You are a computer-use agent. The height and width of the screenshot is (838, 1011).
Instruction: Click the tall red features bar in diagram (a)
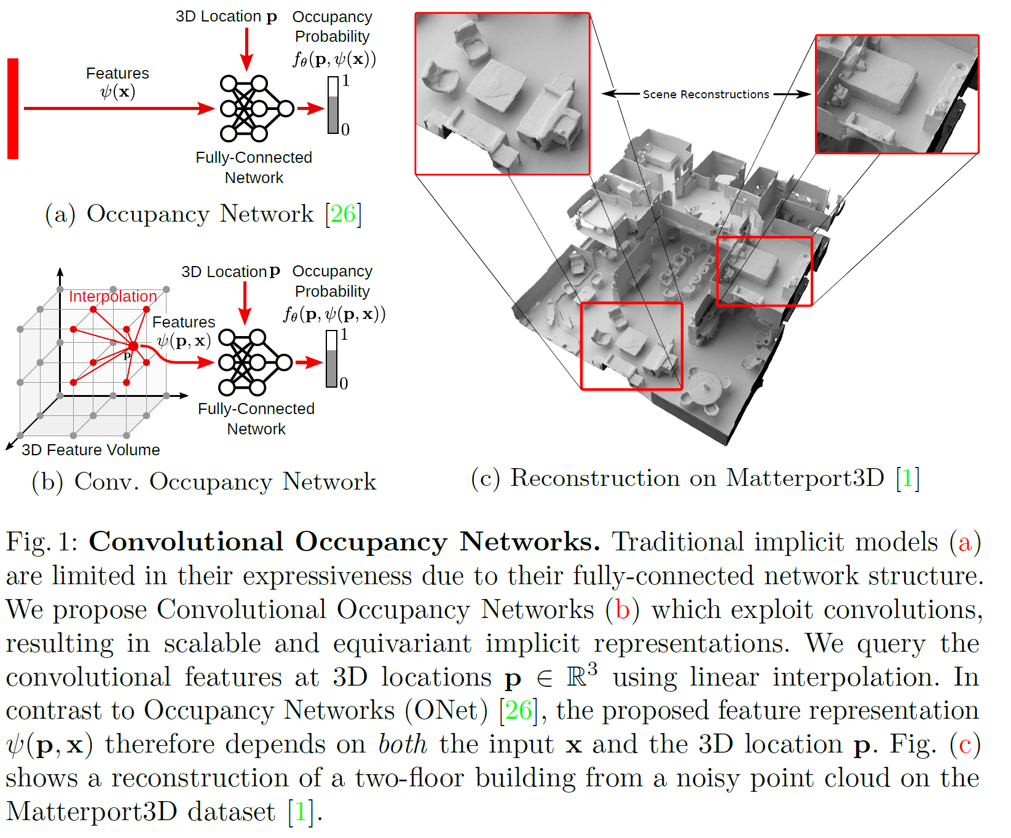[13, 109]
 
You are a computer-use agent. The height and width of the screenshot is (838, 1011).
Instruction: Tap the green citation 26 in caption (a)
[343, 214]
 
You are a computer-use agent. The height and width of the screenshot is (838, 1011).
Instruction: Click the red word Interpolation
[112, 296]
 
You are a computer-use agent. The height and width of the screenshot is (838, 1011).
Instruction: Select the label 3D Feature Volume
[90, 450]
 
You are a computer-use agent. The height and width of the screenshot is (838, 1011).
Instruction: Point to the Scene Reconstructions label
[706, 94]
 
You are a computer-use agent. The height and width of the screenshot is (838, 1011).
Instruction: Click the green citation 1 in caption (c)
[907, 478]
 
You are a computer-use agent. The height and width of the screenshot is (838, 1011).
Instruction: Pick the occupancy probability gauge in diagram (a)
[333, 105]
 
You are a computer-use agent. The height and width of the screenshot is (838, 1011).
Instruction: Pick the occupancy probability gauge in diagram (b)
[332, 359]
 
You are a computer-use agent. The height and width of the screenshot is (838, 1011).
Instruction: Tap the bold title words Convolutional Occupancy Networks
[344, 542]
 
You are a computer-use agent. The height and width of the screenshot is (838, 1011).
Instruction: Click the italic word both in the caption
[402, 744]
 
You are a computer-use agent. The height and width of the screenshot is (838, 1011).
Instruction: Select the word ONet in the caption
[447, 710]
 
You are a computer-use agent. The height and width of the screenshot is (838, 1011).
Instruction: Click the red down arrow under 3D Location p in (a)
[246, 49]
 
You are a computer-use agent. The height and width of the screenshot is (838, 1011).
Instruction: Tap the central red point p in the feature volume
[133, 347]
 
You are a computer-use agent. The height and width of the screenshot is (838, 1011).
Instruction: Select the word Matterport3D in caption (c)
[804, 478]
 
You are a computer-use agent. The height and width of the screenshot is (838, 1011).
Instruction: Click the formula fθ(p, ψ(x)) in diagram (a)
[334, 59]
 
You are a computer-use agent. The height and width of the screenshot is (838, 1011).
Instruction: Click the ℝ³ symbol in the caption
[581, 676]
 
